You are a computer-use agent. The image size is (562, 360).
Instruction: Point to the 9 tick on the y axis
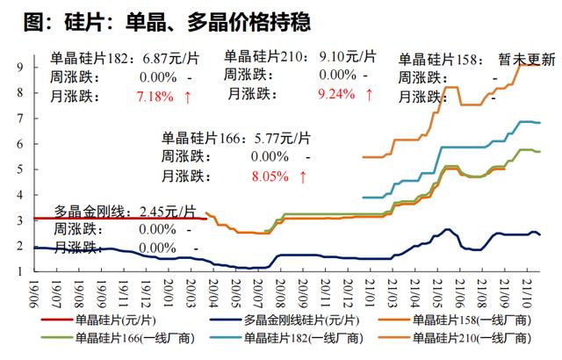click(18, 67)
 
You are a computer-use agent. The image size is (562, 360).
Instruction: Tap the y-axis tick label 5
click(18, 169)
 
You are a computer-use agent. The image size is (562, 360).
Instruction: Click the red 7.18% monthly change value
click(155, 97)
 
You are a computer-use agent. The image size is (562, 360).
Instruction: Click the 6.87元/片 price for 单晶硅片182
click(164, 59)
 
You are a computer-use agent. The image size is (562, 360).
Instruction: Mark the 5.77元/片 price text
click(276, 137)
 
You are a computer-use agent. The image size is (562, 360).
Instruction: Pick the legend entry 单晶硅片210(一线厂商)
click(469, 337)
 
